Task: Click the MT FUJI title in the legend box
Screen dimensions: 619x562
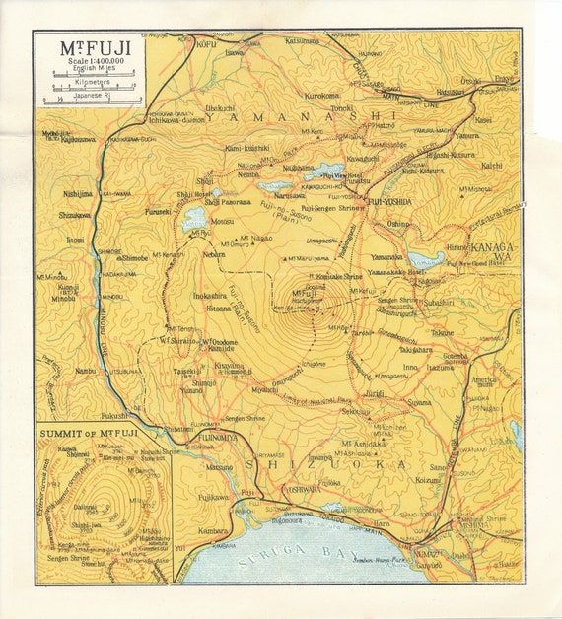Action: point(88,48)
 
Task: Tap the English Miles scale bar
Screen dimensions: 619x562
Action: point(89,75)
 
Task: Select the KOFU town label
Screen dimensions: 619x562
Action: point(207,44)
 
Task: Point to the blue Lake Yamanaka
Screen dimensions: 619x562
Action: point(425,260)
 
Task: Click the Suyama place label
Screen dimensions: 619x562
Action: point(419,402)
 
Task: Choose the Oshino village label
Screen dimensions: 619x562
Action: point(397,224)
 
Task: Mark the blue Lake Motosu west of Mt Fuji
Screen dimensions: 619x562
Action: point(193,218)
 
